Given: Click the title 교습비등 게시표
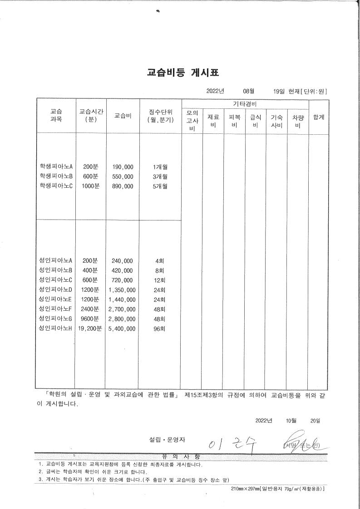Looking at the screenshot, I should coord(180,73).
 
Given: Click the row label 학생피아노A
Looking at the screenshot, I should coord(56,166).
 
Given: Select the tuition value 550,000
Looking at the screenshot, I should coord(123,176).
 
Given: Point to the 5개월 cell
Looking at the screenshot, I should coord(160,186).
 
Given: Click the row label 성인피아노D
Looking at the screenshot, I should coord(56,289).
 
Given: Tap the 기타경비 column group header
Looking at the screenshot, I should coord(245,104).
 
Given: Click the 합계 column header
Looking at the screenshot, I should coord(319,117).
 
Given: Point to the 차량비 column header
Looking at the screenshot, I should coord(298,121).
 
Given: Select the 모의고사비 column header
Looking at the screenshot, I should coord(192,121).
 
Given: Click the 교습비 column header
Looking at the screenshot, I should coord(123,116).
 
